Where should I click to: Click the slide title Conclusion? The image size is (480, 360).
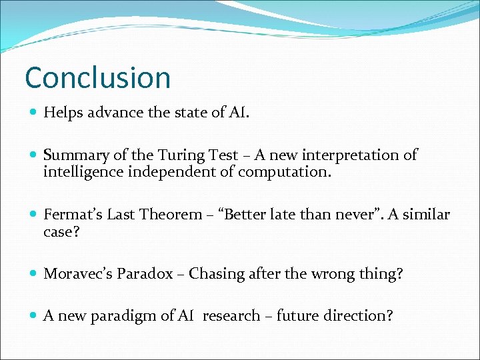[x=97, y=77]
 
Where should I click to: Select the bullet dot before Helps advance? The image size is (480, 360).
[x=33, y=113]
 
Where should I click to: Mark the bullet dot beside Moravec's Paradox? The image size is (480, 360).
[x=33, y=274]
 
